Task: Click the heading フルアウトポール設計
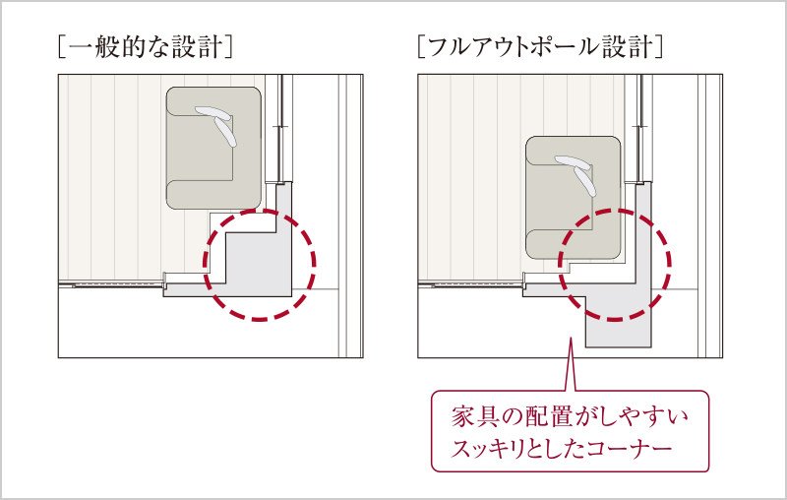click(x=538, y=46)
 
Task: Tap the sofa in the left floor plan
click(x=213, y=148)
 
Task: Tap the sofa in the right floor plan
click(x=575, y=197)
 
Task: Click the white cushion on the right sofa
click(x=581, y=174)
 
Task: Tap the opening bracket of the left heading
click(x=62, y=46)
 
